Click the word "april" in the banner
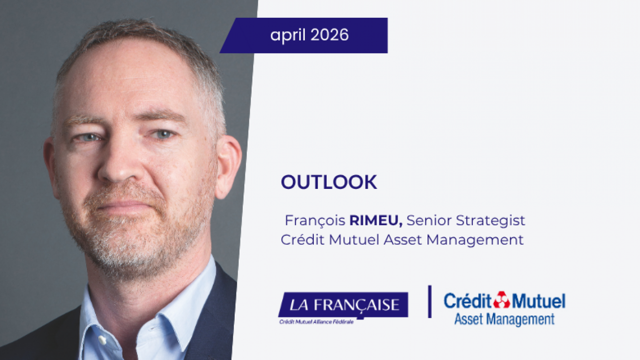tap(288, 35)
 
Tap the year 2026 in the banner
tap(329, 35)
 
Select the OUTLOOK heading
tap(329, 182)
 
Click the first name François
tap(315, 220)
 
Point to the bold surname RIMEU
tap(376, 220)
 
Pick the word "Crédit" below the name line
tap(303, 240)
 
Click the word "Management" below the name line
tap(475, 240)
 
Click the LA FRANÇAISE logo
tap(344, 305)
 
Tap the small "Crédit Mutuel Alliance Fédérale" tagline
tap(316, 322)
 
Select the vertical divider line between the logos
tap(430, 301)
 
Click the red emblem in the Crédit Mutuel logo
tap(501, 300)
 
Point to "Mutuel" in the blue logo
tap(538, 301)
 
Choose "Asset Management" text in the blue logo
tap(504, 319)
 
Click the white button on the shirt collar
tap(102, 340)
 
